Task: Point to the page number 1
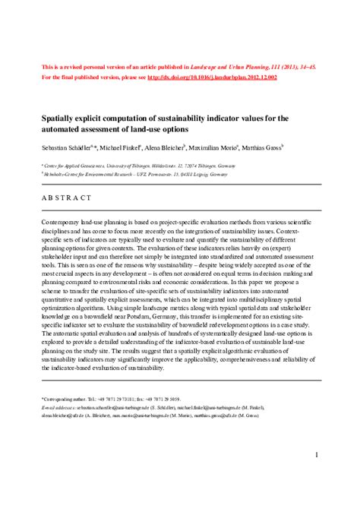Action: click(x=315, y=434)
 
